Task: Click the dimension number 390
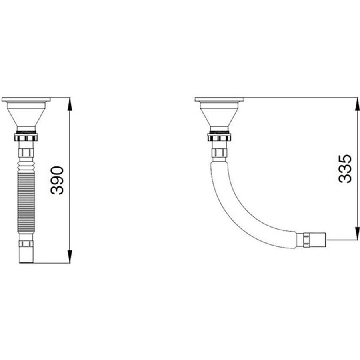pyautogui.click(x=57, y=180)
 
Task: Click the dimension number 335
pyautogui.click(x=345, y=169)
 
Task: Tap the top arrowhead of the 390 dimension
pyautogui.click(x=70, y=105)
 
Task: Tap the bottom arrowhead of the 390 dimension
pyautogui.click(x=70, y=256)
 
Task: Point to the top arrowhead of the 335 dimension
pyautogui.click(x=357, y=105)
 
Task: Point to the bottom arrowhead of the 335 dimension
pyautogui.click(x=357, y=233)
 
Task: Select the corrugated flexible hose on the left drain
pyautogui.click(x=26, y=198)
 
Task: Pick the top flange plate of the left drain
pyautogui.click(x=26, y=100)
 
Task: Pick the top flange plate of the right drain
pyautogui.click(x=219, y=100)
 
